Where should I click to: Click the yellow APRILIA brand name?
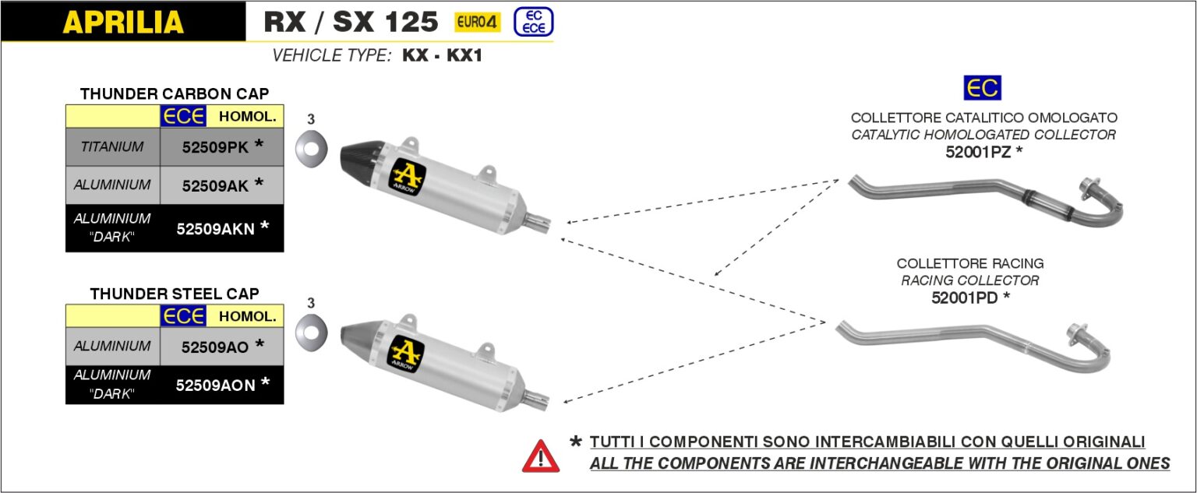123,22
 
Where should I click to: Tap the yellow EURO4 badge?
477,22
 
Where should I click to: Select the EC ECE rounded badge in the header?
533,22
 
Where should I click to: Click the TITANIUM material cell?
112,147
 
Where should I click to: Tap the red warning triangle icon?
541,456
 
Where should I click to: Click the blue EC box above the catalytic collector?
982,87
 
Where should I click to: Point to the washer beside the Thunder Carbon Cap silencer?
311,149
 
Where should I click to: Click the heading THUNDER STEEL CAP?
175,294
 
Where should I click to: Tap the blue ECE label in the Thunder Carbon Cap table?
183,116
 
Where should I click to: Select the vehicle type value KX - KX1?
443,55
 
